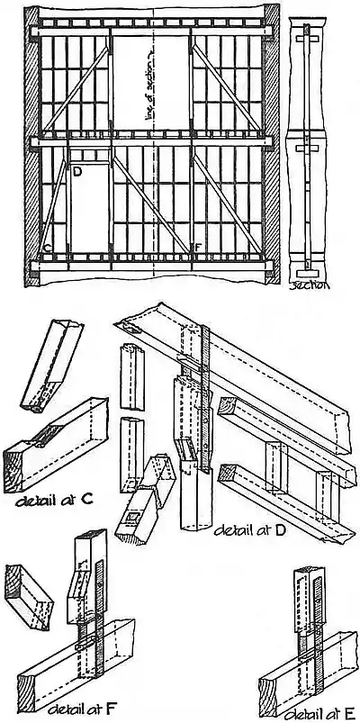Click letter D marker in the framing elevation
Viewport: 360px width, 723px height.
pos(77,170)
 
